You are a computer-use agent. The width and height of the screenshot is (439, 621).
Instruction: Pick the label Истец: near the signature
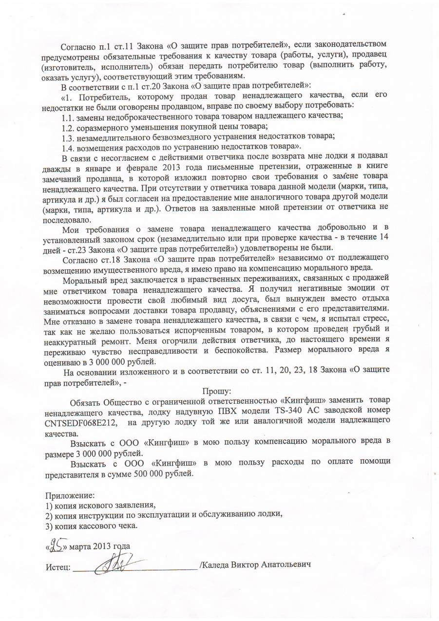tap(58, 568)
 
